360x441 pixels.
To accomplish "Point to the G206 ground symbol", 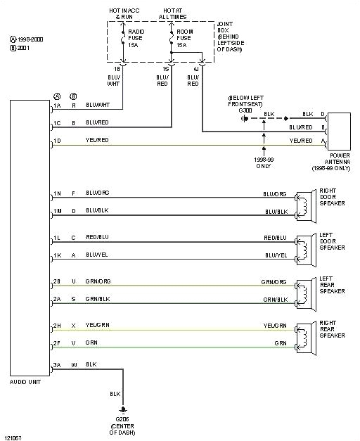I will (x=124, y=409).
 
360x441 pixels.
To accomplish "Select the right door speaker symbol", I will (x=304, y=203).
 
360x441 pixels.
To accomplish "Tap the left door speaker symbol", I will (x=304, y=246).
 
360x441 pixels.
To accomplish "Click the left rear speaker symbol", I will (x=304, y=290).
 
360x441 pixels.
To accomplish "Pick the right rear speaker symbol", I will (x=304, y=333).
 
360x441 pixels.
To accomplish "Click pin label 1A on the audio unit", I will (x=56, y=106).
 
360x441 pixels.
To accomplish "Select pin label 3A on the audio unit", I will (x=56, y=365).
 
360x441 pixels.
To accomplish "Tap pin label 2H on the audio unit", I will (x=56, y=326).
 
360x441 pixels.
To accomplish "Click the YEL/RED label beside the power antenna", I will (x=301, y=140).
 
